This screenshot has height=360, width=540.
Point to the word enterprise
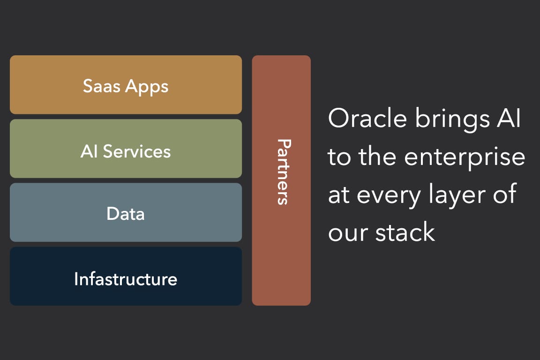[465, 157]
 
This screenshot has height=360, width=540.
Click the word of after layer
[505, 194]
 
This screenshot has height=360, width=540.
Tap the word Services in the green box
[137, 151]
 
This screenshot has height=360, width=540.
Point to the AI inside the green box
[89, 151]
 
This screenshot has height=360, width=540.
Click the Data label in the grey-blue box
[126, 214]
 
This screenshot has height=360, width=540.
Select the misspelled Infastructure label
[126, 279]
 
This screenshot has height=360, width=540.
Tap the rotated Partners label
[282, 172]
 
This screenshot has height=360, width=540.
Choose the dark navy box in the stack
[126, 295]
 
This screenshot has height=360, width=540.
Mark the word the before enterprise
[379, 157]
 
